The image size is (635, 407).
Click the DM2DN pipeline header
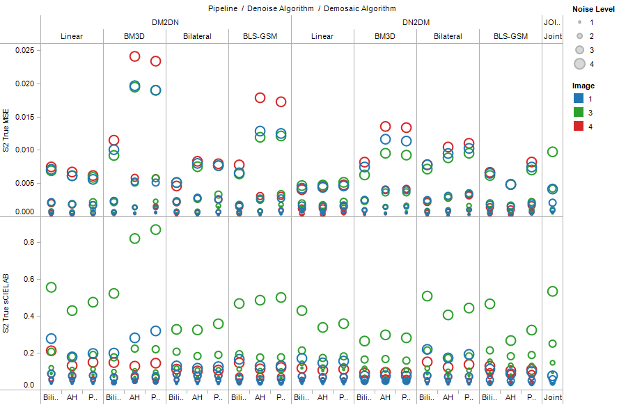166,22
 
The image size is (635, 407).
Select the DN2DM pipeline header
416,22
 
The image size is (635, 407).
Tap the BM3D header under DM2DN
134,36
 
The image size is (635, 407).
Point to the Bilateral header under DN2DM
448,36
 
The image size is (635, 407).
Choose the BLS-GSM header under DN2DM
510,36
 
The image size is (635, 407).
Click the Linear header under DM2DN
72,36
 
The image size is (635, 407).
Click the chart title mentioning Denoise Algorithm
301,8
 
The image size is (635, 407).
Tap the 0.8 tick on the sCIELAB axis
28,242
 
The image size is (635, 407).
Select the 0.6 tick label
28,279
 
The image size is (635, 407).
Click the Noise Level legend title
593,9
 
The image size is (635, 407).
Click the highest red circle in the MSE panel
134,56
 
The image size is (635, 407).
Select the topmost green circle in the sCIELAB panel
155,230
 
